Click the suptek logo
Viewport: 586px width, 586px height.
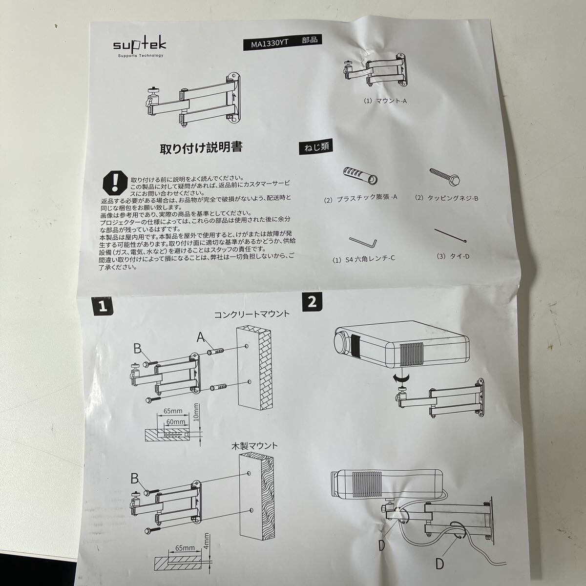[140, 46]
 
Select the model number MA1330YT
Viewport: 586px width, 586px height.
[270, 43]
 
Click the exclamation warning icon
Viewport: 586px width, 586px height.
[115, 183]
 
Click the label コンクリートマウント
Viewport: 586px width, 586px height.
[252, 314]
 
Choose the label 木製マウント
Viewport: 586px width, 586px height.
[254, 445]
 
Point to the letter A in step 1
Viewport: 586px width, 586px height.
[201, 337]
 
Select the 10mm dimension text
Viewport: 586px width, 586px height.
[196, 413]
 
